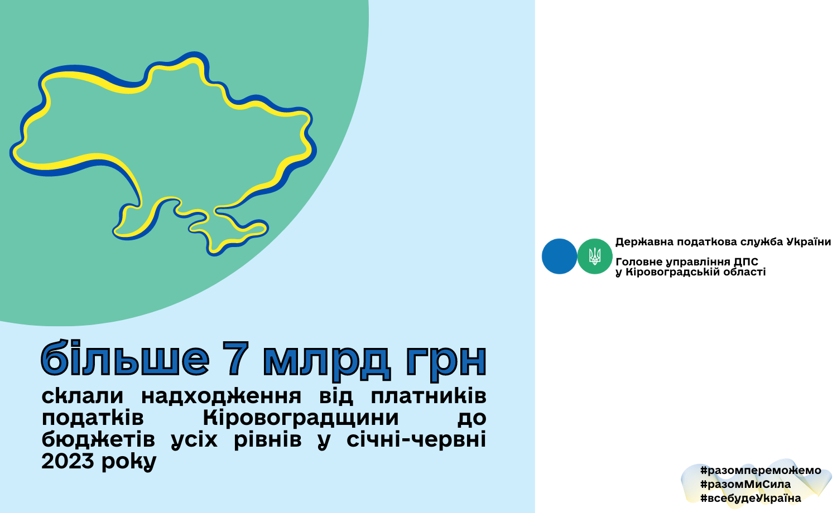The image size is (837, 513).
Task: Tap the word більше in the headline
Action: tap(125, 357)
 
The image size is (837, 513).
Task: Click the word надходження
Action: tap(221, 396)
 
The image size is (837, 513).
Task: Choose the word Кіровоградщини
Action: tap(301, 418)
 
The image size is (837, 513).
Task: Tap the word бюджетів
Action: tap(98, 439)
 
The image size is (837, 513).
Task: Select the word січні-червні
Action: tap(416, 439)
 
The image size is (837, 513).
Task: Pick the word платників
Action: tap(429, 396)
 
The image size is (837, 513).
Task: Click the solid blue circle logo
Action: tap(559, 256)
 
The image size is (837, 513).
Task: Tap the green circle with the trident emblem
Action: tap(595, 256)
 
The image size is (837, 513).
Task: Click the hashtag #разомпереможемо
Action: tap(761, 471)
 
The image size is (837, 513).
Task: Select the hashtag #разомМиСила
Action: tap(745, 485)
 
